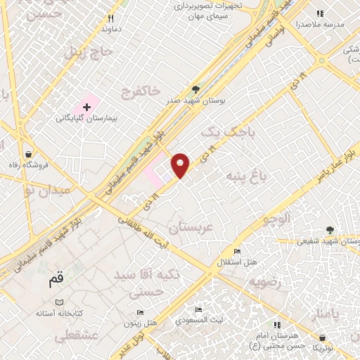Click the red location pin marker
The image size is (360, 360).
pos(181,165)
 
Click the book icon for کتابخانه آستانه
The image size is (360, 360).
pos(49,302)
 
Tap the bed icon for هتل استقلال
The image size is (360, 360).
pos(237,252)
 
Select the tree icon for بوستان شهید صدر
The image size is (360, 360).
pos(196,90)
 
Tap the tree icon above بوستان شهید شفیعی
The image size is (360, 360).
pos(330,230)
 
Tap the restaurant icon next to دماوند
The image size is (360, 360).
pos(110,19)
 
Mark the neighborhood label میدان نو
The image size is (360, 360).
pos(46,190)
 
